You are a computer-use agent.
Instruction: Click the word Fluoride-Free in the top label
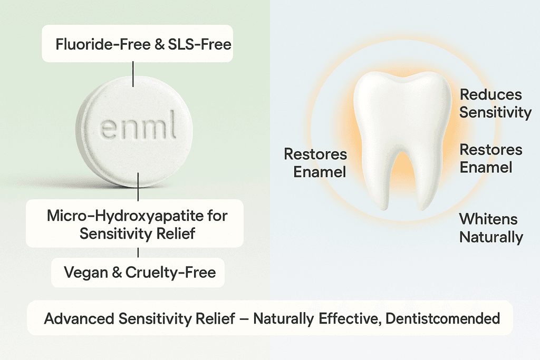coord(103,44)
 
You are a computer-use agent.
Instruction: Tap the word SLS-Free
coord(199,44)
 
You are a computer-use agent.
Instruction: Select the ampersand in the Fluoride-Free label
coord(159,45)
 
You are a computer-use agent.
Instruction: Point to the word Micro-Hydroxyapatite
coord(126,216)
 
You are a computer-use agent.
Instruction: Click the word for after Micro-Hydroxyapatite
coord(217,216)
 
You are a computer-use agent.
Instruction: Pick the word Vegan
coord(86,273)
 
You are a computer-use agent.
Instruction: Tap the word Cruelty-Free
coord(170,273)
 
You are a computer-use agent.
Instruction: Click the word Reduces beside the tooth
coord(491,95)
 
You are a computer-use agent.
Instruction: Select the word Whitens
coord(488,219)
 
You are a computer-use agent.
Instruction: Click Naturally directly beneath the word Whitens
coord(491,237)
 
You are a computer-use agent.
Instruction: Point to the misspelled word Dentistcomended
coord(442,318)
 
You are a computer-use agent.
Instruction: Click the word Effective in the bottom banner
coord(350,318)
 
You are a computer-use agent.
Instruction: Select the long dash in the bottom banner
coord(244,319)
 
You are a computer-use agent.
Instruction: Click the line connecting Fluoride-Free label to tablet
coord(133,74)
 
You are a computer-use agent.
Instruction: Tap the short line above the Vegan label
coord(138,252)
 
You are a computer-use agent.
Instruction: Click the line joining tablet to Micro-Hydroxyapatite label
coord(138,187)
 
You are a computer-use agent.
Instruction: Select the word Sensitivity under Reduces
coord(496,113)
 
